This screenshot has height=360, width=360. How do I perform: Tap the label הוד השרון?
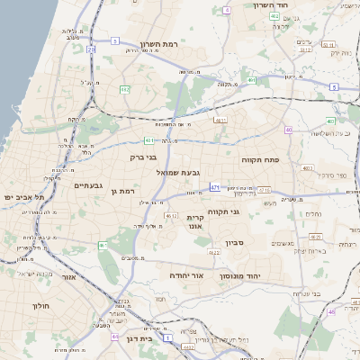point(270,5)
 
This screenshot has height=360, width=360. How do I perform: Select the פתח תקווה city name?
point(260,158)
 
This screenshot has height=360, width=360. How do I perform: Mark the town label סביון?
point(260,243)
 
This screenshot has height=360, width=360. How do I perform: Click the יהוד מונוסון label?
point(239,275)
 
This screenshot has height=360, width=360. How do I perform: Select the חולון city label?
point(41,306)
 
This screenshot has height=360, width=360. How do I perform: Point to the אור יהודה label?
point(189,275)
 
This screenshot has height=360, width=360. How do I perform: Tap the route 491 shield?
point(251,80)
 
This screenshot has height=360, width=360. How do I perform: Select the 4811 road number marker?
point(220,119)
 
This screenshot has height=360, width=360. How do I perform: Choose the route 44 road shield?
point(115,337)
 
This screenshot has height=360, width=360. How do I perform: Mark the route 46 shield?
point(332,311)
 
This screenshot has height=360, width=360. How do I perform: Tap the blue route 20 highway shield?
point(91,49)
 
